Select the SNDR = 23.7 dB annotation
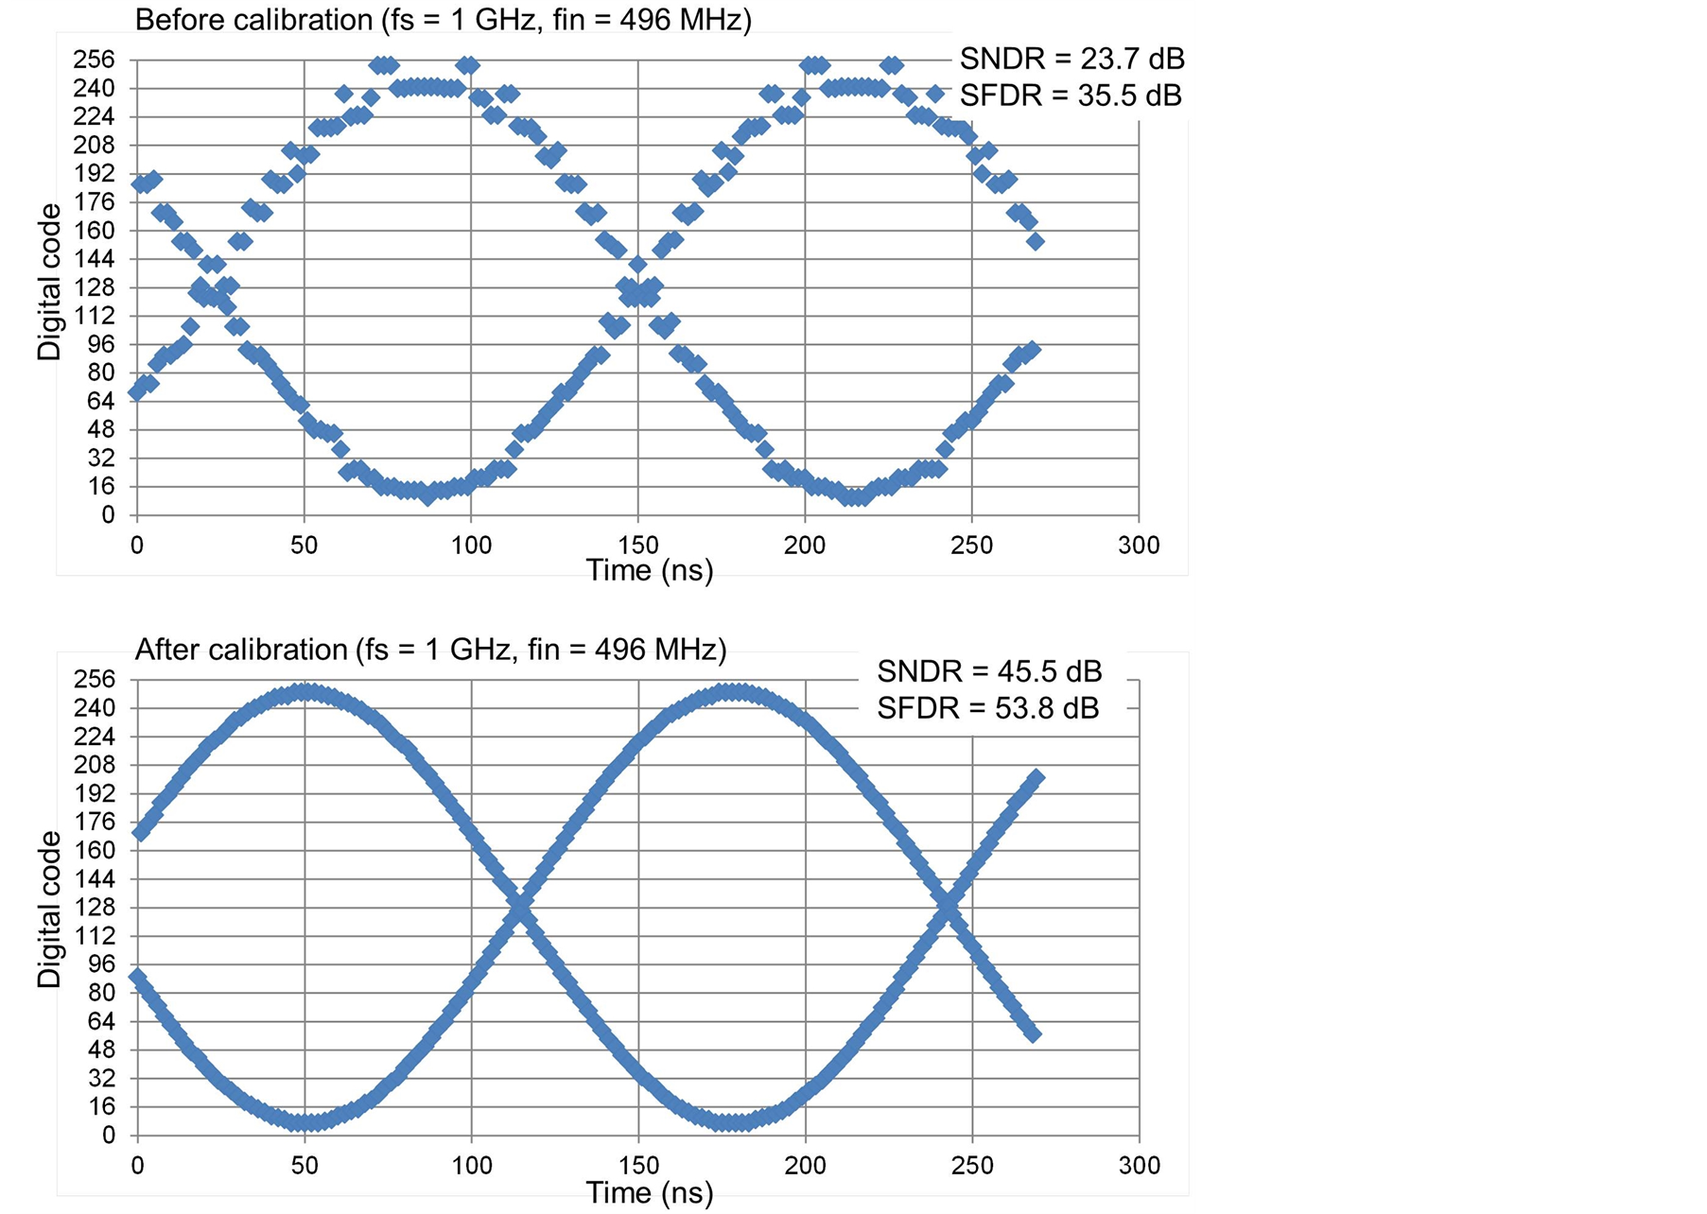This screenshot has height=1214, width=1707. tap(1071, 59)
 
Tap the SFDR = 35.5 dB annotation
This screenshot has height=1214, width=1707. tap(1071, 95)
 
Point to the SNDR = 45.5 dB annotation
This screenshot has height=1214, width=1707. tap(989, 671)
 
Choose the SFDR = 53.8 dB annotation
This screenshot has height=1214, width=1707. tap(987, 708)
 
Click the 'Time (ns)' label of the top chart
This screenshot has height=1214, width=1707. tap(650, 570)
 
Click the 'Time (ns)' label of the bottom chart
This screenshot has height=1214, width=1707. tap(650, 1192)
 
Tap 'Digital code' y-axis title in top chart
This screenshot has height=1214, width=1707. tap(49, 282)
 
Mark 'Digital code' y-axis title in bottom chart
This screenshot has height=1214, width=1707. tap(49, 910)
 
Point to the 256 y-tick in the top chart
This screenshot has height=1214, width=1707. tap(95, 60)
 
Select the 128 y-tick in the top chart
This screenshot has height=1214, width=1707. tap(95, 287)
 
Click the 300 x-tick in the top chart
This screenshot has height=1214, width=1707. tap(1139, 546)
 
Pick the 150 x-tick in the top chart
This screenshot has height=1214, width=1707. tap(638, 546)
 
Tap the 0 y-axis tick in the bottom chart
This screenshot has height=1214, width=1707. tap(108, 1136)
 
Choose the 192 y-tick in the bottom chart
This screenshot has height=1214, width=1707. tap(95, 793)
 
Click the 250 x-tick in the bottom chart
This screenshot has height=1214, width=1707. tap(972, 1165)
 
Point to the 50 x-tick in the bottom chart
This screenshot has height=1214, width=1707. tap(305, 1165)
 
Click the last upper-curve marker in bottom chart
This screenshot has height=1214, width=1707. tap(1036, 778)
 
